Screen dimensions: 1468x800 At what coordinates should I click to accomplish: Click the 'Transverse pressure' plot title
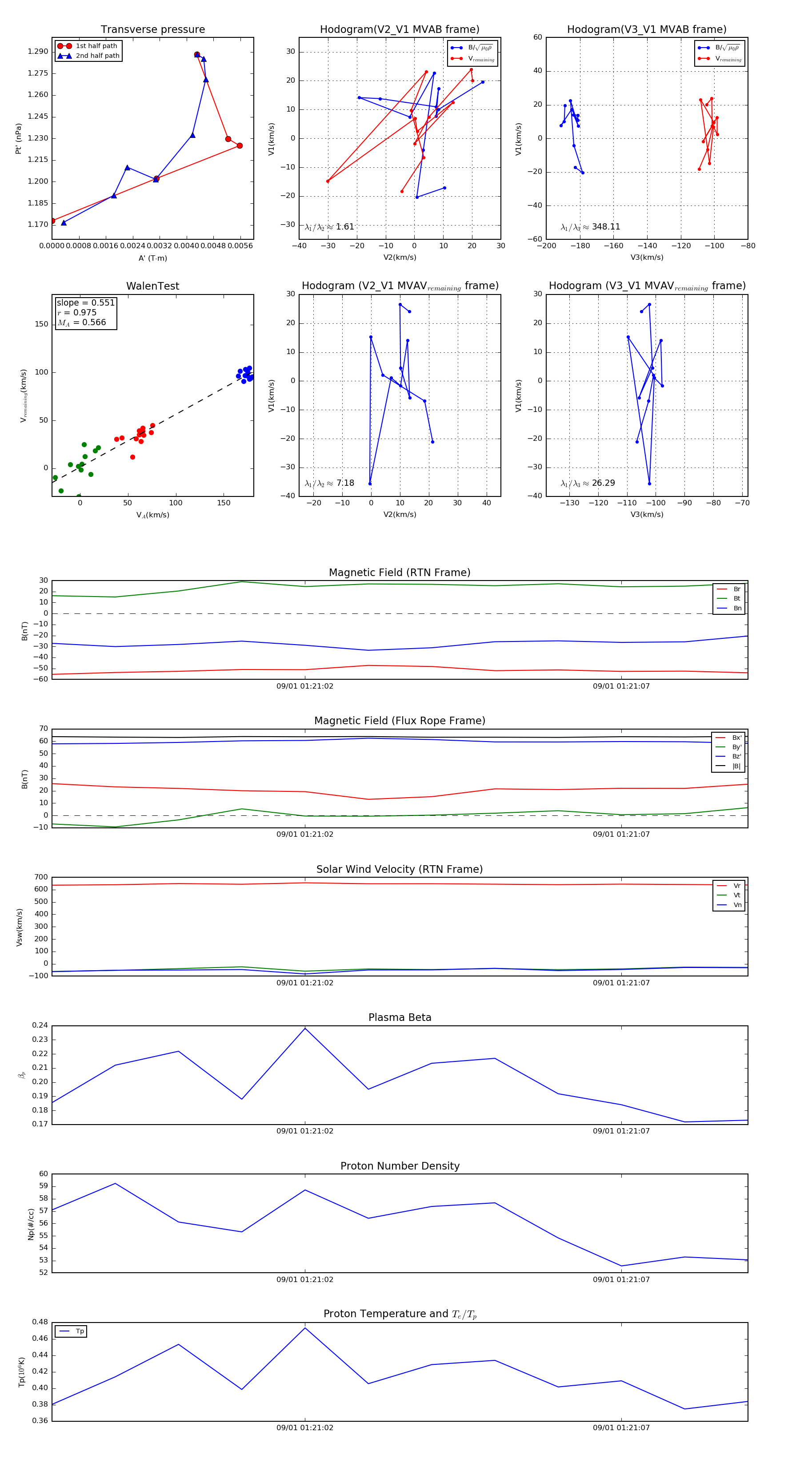pos(152,30)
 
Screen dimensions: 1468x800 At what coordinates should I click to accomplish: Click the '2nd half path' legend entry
pos(97,56)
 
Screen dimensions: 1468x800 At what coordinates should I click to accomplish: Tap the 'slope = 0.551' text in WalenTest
pos(85,302)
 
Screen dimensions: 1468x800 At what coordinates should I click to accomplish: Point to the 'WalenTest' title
pos(152,286)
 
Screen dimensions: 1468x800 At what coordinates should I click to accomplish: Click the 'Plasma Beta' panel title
pos(400,1017)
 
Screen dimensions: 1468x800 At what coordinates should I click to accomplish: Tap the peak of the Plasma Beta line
pos(305,1028)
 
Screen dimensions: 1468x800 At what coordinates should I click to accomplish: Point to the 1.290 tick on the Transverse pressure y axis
pos(38,51)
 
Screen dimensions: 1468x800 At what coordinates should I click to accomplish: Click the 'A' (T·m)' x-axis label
pos(152,258)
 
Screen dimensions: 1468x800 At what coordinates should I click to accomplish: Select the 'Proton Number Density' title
pos(400,1166)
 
